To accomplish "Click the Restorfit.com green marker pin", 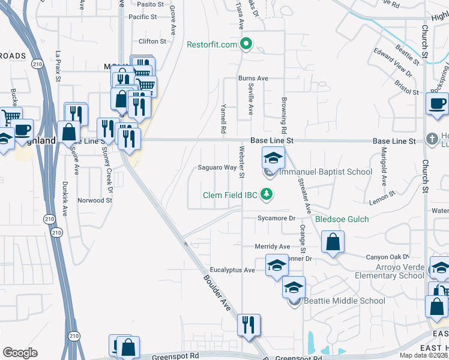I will point(246,44).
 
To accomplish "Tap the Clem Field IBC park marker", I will point(270,194).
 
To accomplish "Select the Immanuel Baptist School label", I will point(326,172).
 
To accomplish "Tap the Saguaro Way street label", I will point(217,167).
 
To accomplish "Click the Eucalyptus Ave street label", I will point(232,270).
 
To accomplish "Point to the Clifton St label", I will point(152,41).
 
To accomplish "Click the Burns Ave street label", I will point(253,78).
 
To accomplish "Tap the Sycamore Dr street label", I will point(277,218).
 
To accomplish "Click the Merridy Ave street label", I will point(272,247).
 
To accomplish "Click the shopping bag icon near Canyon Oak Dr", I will point(333,242).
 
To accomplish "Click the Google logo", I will point(20,353).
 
